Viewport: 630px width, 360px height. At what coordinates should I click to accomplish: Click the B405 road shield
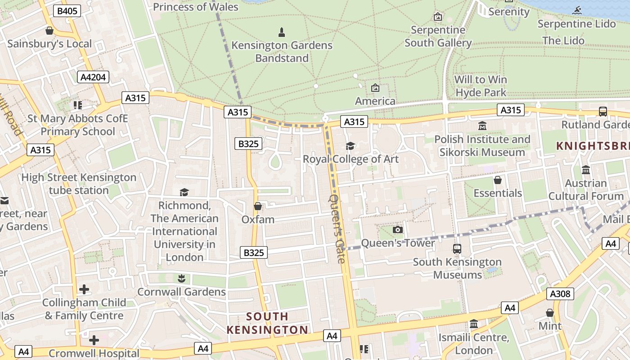[x=67, y=11]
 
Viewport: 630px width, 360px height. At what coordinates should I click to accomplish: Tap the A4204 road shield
[x=93, y=77]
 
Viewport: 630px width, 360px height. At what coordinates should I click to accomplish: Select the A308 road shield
[x=560, y=294]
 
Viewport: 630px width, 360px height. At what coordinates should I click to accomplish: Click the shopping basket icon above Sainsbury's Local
[x=49, y=31]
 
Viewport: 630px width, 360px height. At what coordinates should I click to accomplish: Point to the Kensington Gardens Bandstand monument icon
[x=282, y=32]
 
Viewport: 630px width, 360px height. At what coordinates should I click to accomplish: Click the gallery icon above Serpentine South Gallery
[x=437, y=17]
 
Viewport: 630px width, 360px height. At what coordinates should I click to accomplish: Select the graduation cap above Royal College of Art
[x=350, y=146]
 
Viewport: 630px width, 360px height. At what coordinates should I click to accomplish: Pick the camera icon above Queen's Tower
[x=397, y=230]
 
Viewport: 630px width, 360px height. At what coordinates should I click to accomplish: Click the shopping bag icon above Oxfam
[x=258, y=206]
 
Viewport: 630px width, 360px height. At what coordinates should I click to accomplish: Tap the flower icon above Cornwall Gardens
[x=181, y=279]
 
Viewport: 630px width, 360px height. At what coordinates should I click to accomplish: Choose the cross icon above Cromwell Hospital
[x=94, y=340]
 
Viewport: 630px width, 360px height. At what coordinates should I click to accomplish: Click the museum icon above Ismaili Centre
[x=473, y=324]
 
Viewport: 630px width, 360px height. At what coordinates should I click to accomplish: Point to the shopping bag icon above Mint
[x=549, y=312]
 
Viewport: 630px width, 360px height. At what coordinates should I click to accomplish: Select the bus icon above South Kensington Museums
[x=457, y=248]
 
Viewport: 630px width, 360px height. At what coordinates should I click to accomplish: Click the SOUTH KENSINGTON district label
[x=267, y=323]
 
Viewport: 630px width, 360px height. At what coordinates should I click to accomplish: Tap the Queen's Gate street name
[x=337, y=229]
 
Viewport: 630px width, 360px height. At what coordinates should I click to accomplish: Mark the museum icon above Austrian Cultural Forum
[x=586, y=170]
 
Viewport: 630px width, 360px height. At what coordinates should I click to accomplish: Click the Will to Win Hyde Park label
[x=481, y=86]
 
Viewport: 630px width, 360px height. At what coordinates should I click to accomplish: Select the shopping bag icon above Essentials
[x=498, y=180]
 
